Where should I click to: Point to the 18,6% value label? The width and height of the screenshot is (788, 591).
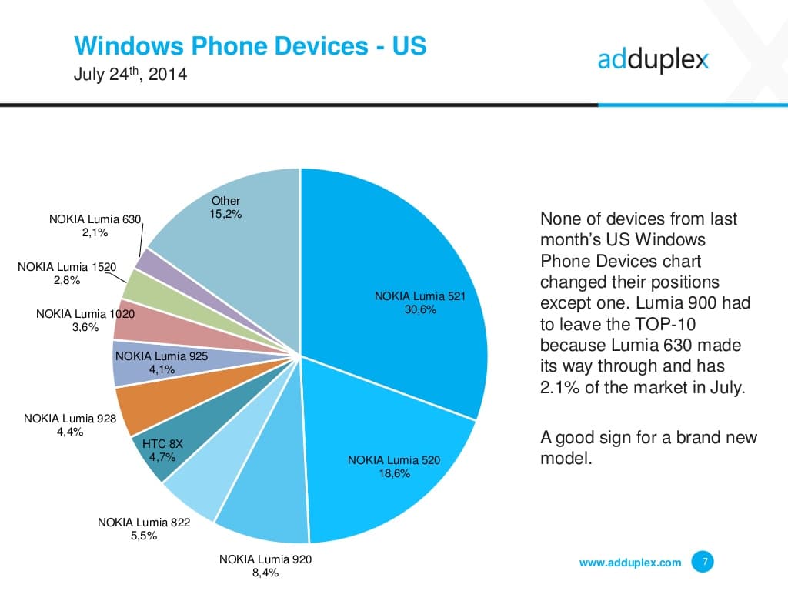coord(394,474)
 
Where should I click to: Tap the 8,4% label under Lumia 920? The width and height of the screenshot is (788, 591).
coord(265,573)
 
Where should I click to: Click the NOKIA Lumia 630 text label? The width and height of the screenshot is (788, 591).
coord(95,219)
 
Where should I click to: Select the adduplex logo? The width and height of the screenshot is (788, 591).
coord(653,59)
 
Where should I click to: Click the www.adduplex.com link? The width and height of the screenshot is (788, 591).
coord(630,563)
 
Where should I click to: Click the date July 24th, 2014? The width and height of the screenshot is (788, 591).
coord(130,75)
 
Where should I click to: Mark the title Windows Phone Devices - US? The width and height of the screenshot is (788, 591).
coord(250,46)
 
